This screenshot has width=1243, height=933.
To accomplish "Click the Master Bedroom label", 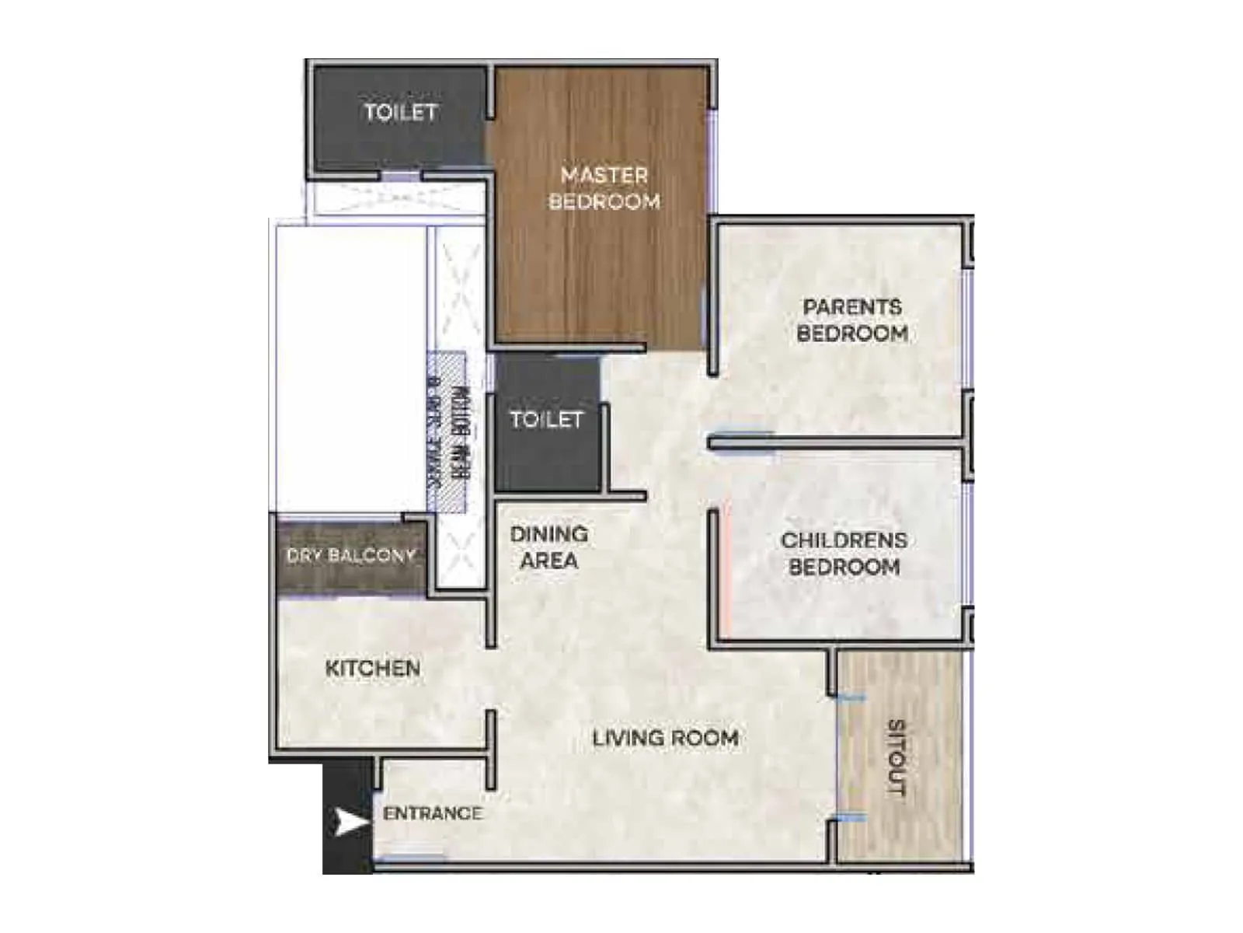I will [604, 188].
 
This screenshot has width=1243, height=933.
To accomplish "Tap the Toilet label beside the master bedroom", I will [401, 112].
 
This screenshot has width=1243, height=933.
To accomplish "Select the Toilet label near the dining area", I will [546, 420].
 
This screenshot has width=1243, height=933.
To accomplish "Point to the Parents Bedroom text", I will [852, 320].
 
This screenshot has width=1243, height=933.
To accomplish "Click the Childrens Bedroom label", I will [844, 554].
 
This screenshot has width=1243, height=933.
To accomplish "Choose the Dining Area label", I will [548, 547].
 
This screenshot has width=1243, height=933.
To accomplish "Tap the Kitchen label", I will [373, 668].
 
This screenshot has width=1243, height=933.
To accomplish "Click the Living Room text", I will [665, 738].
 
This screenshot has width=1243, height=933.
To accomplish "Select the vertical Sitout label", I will [897, 758].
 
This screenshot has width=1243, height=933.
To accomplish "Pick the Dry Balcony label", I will [351, 555].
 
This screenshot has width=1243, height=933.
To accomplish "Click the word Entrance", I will [432, 813].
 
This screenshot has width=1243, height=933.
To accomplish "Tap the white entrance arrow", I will [350, 822].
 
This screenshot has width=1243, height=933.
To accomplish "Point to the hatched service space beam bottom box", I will [447, 432].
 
